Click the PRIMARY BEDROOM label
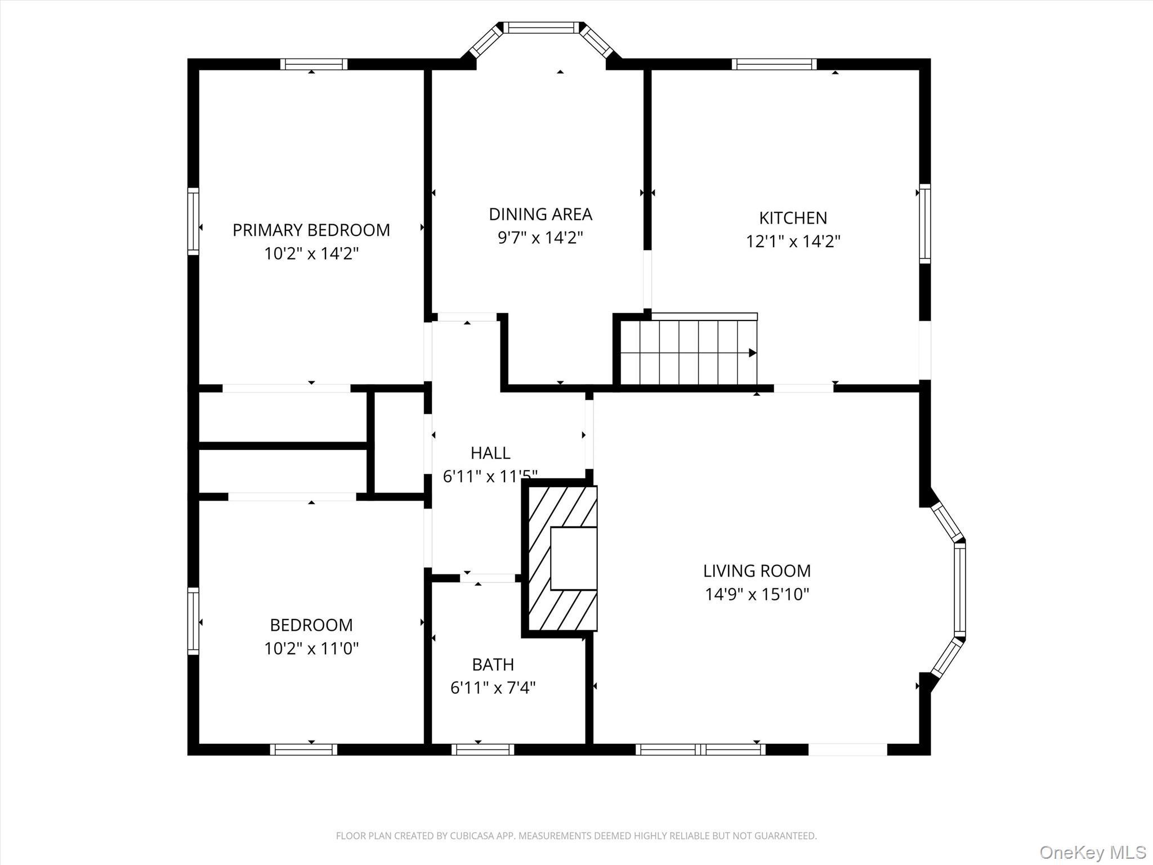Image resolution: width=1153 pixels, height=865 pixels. tap(311, 230)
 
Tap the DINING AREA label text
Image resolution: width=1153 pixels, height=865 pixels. tap(540, 214)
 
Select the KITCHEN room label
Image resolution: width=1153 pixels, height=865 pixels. tap(793, 218)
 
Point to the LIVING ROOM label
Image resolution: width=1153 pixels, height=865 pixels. tap(757, 570)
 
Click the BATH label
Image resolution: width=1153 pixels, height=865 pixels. tap(493, 665)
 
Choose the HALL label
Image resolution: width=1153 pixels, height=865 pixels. tap(490, 453)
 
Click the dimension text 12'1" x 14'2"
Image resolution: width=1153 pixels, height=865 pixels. tap(793, 242)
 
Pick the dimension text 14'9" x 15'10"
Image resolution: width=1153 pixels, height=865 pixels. tap(757, 594)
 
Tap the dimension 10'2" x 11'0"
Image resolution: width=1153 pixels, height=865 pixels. tap(311, 649)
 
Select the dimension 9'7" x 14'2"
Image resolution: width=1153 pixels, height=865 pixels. tap(540, 238)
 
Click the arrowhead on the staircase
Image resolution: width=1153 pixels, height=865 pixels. tap(752, 353)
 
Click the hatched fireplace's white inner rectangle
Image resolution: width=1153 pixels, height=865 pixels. tap(573, 558)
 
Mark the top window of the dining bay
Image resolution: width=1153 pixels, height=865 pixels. tap(540, 28)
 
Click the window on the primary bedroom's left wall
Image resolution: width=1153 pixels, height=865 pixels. tap(193, 221)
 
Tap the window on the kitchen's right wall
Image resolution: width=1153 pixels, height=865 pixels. tap(924, 223)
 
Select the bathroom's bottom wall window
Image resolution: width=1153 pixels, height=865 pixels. tap(482, 750)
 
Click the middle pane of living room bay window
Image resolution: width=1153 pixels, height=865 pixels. tap(960, 589)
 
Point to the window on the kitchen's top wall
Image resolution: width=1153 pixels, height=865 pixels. tap(774, 64)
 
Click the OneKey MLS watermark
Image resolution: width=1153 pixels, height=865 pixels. tap(1092, 852)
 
